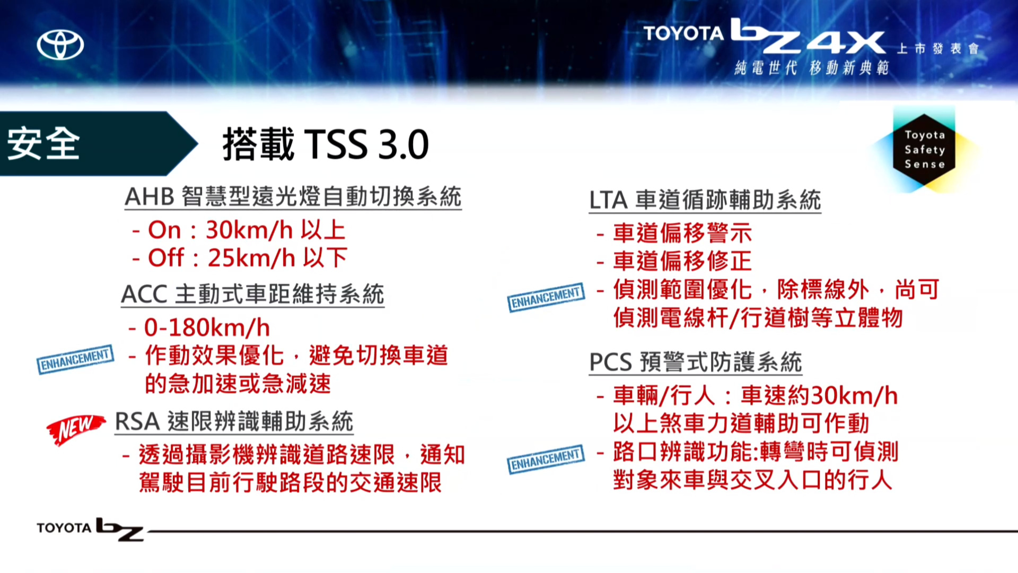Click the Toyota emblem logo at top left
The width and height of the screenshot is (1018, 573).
tap(60, 45)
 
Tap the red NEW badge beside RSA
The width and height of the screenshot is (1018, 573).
tap(76, 429)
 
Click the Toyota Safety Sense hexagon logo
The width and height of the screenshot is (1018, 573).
tap(924, 150)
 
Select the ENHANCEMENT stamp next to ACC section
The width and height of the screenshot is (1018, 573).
tap(75, 359)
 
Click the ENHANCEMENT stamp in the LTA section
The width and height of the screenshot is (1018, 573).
tap(546, 297)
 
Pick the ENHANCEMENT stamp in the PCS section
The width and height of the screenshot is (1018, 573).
tap(546, 459)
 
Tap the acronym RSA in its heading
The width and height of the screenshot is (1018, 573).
tap(137, 422)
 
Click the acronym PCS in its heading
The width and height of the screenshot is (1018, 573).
tap(611, 362)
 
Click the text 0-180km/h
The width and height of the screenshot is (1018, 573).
tap(207, 328)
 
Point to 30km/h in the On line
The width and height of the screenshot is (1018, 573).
tap(250, 230)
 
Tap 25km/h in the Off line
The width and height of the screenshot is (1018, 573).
tap(252, 258)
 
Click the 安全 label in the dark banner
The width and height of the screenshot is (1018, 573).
tap(43, 143)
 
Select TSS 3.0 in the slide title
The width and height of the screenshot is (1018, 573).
tap(366, 144)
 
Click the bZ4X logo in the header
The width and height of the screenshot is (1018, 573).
tap(808, 36)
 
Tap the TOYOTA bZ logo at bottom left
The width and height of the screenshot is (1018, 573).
tap(90, 529)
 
